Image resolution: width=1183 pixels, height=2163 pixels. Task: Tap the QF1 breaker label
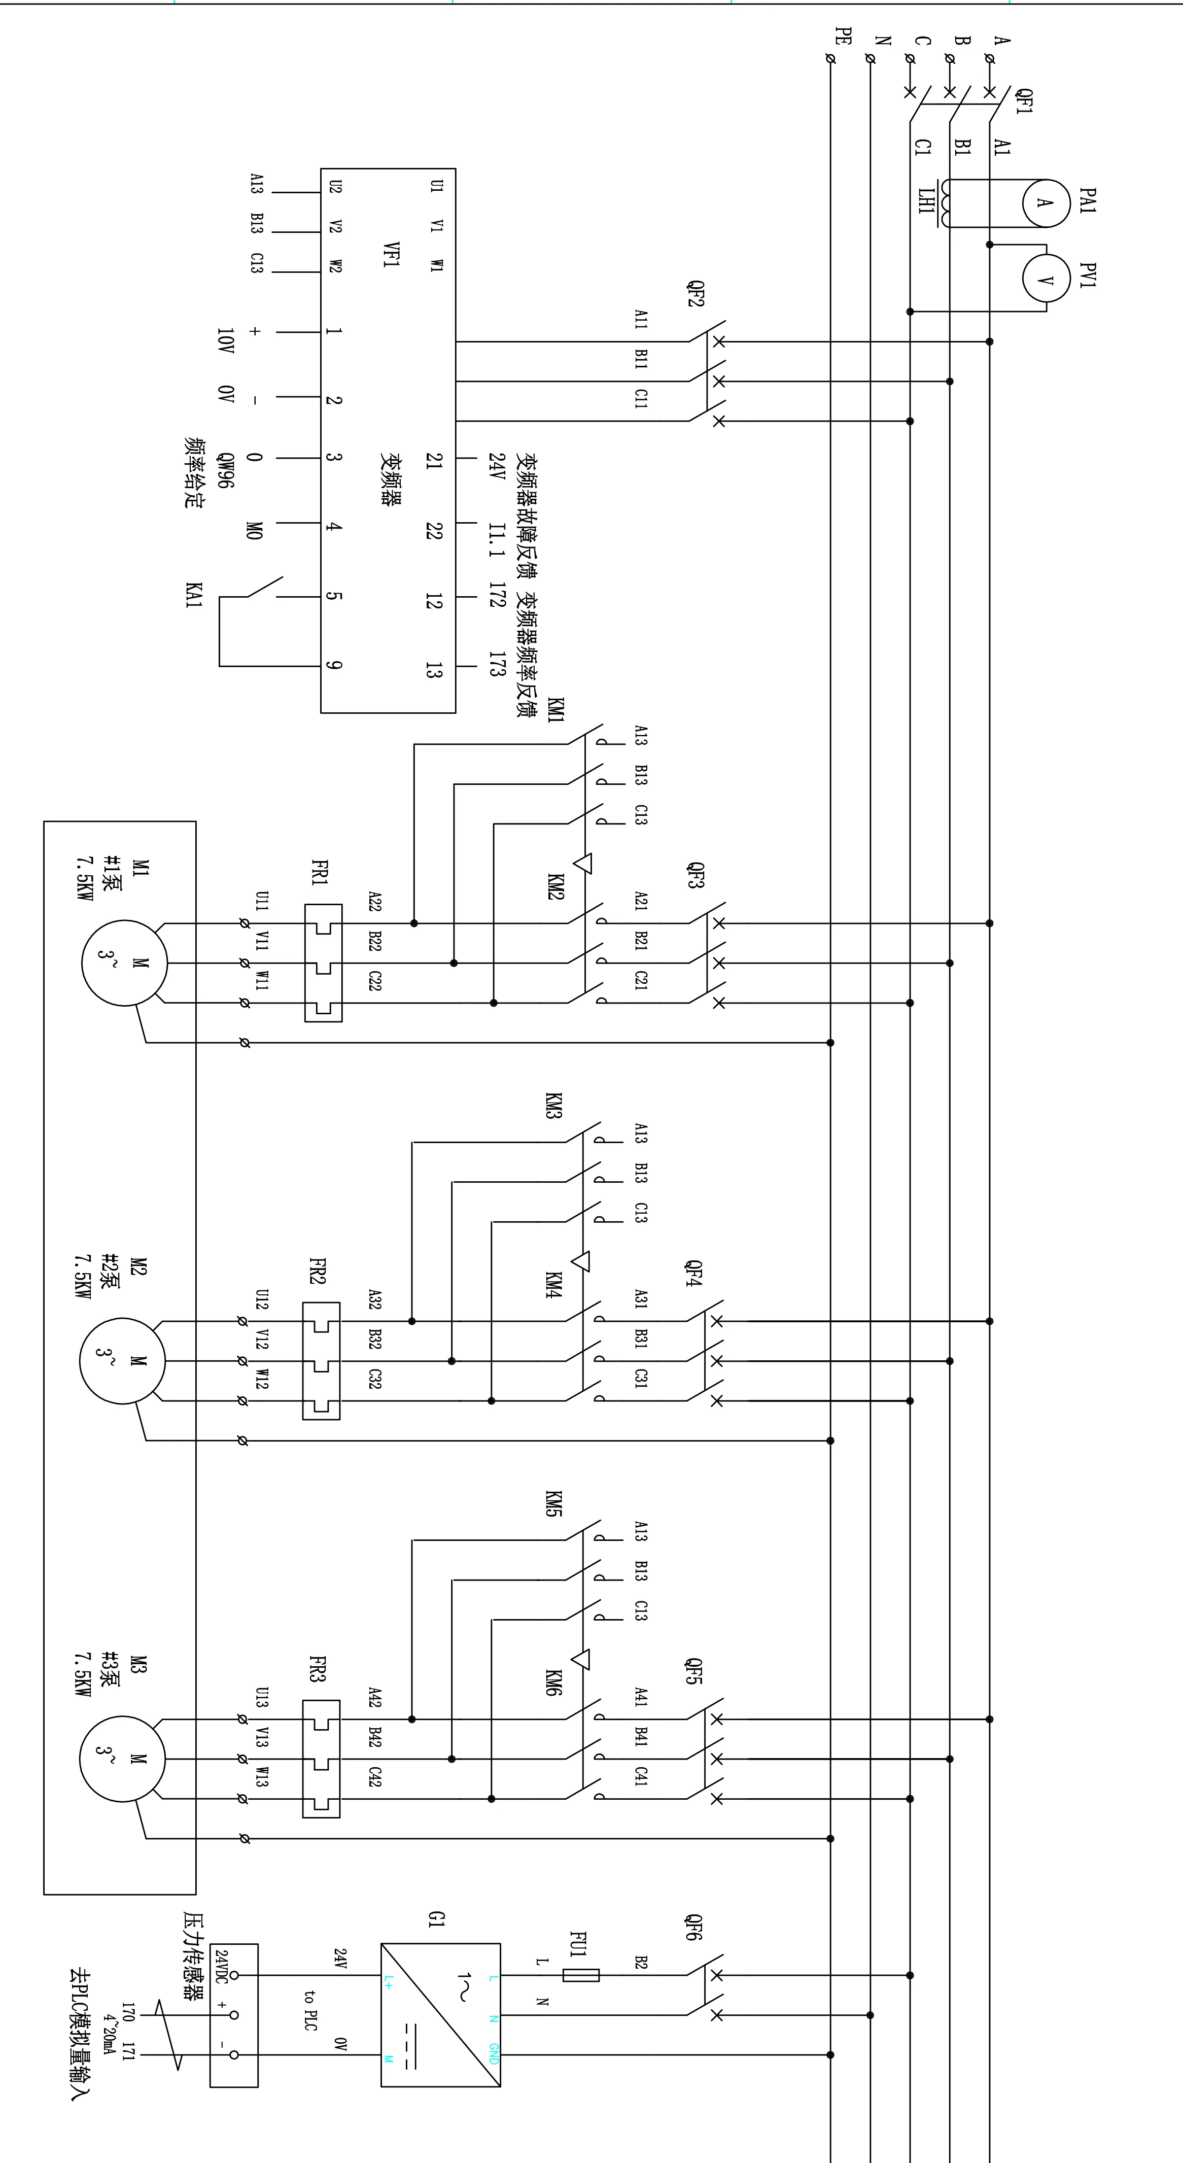click(x=1024, y=101)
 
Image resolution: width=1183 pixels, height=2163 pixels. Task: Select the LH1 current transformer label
click(x=926, y=201)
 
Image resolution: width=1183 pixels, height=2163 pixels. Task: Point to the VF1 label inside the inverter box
click(x=391, y=254)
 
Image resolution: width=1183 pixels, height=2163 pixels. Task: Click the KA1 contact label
click(x=194, y=595)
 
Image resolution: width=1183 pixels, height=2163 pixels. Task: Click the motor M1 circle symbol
click(x=124, y=963)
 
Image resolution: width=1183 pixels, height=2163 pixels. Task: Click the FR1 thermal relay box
click(x=323, y=963)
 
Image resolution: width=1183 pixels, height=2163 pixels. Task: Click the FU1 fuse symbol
click(x=581, y=1975)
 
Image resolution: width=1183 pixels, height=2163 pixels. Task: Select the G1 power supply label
click(x=436, y=1919)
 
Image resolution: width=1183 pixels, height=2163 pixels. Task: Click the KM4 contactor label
click(x=553, y=1285)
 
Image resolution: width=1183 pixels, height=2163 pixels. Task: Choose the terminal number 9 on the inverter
click(x=333, y=665)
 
